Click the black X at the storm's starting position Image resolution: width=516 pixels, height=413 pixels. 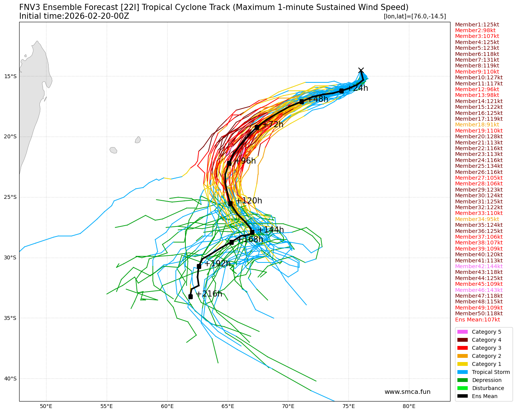coord(361,70)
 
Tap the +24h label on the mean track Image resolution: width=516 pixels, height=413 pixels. coord(357,88)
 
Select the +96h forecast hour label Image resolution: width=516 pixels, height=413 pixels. coord(245,161)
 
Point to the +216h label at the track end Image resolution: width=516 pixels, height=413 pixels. coord(209,294)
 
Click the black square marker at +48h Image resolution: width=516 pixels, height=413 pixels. coord(302,102)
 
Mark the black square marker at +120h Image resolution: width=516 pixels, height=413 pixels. coord(230,203)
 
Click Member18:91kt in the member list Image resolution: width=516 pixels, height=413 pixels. coord(477,125)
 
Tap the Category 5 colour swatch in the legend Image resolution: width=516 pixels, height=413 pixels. coord(462,332)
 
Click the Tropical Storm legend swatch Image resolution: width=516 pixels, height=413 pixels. coord(462,372)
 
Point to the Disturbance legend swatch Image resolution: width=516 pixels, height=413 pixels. coord(462,388)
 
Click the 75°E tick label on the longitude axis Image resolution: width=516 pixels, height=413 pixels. coord(349,406)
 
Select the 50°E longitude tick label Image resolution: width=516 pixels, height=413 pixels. coord(46,406)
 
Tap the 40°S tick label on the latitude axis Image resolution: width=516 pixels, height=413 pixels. coord(10,379)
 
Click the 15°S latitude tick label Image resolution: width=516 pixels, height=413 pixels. coord(10,76)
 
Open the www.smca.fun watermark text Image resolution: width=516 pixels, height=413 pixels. coord(407,392)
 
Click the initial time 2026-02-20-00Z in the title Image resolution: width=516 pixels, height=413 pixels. coord(97,16)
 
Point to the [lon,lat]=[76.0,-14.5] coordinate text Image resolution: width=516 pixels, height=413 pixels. coord(414,16)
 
